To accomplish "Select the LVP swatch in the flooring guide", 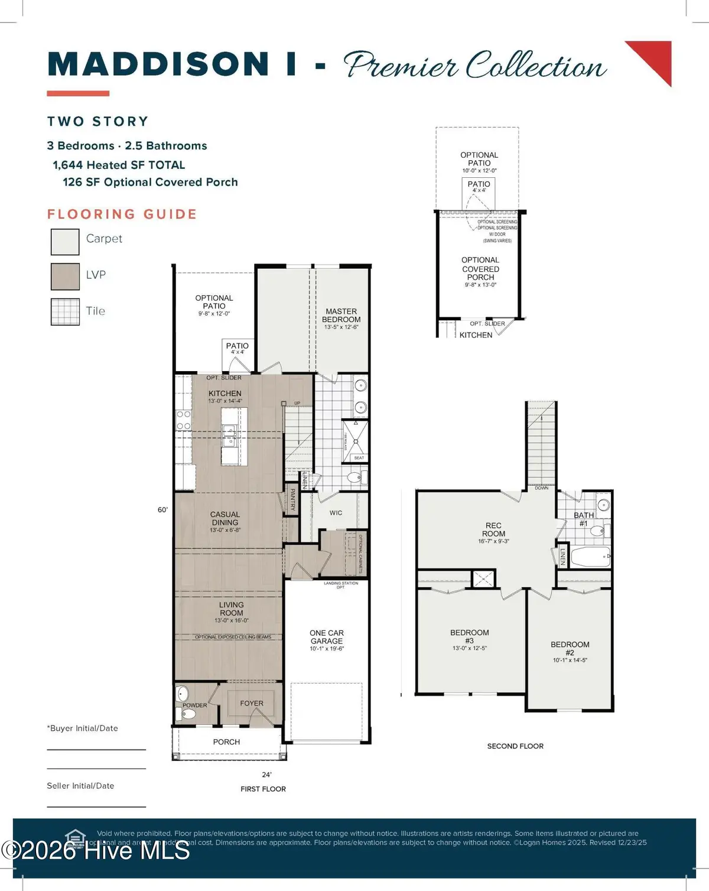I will (x=65, y=277).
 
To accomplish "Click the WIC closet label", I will (x=336, y=513).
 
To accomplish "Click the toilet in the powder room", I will (x=187, y=714).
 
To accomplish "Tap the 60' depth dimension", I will (x=162, y=509).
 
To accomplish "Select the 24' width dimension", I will (x=266, y=775).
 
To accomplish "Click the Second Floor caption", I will (x=515, y=746).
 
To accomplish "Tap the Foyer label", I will (x=252, y=703).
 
